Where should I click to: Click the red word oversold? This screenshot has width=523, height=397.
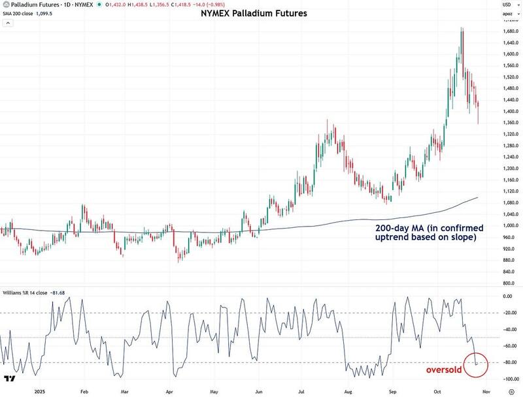coord(445,370)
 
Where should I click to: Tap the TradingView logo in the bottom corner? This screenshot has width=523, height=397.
coord(10,379)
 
